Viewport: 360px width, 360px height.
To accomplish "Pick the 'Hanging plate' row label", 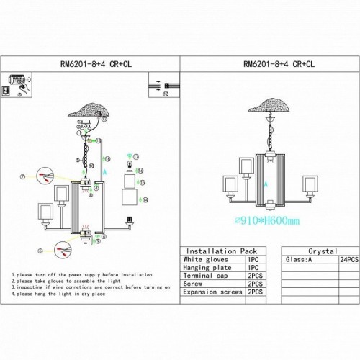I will pyautogui.click(x=206, y=267).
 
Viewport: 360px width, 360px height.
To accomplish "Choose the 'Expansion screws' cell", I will pyautogui.click(x=211, y=292).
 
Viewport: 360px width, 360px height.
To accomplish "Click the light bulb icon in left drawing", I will pyautogui.click(x=130, y=166).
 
